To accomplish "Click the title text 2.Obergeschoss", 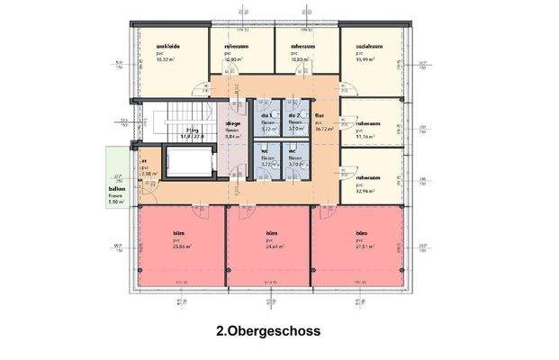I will click(268, 330).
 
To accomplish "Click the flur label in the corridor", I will click(320, 115).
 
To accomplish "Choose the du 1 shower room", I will click(266, 116).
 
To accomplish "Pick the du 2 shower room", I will click(293, 116).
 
